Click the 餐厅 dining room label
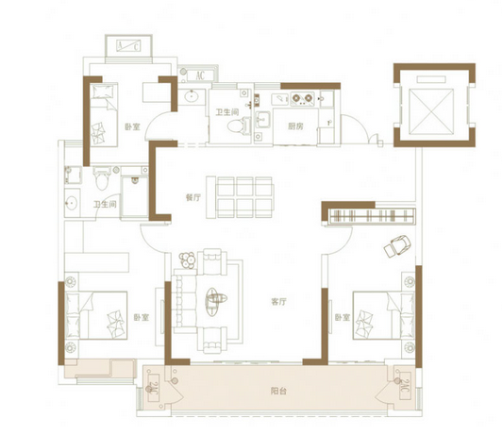pyautogui.click(x=193, y=197)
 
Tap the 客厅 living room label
pyautogui.click(x=278, y=302)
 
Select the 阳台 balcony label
pyautogui.click(x=278, y=391)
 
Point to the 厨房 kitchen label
pyautogui.click(x=295, y=126)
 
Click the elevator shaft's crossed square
pyautogui.click(x=431, y=110)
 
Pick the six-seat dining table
pyautogui.click(x=240, y=197)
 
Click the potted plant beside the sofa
pyautogui.click(x=188, y=260)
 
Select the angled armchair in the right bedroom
pyautogui.click(x=397, y=245)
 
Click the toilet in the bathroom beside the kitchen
pyautogui.click(x=239, y=125)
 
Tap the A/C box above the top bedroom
pyautogui.click(x=128, y=46)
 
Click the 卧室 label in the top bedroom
pyautogui.click(x=132, y=127)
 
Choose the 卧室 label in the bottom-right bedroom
pyautogui.click(x=343, y=318)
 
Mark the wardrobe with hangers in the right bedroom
pyautogui.click(x=373, y=215)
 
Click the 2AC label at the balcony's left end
pyautogui.click(x=154, y=389)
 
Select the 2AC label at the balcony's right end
pyautogui.click(x=405, y=386)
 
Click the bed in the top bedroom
pyautogui.click(x=104, y=114)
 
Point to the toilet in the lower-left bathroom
pyautogui.click(x=102, y=179)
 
